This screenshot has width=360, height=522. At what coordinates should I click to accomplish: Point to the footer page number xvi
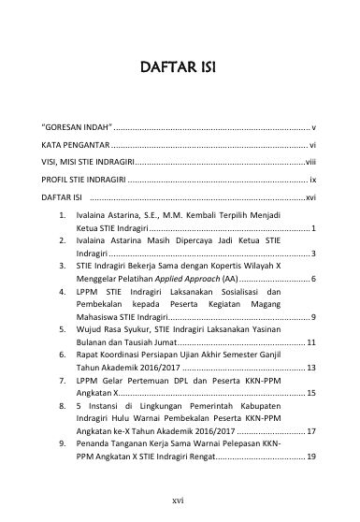[x=179, y=501]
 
